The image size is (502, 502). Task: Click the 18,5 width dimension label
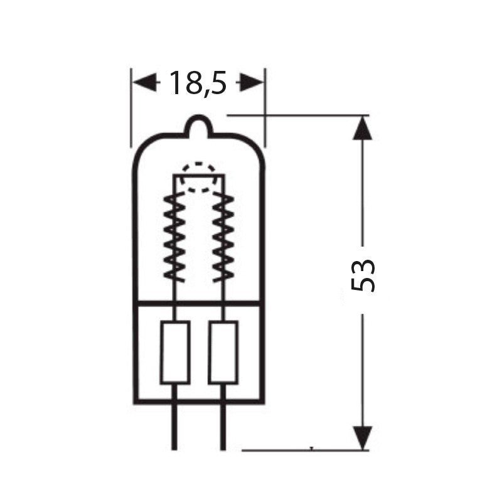197,83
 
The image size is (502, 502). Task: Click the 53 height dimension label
363,274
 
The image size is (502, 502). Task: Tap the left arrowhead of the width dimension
145,82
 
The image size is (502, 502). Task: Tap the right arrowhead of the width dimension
250,82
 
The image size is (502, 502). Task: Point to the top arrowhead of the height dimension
363,129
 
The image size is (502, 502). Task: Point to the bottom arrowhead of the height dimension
363,436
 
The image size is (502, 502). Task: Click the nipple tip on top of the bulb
200,119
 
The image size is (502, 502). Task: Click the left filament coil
174,237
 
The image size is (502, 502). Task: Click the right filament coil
223,237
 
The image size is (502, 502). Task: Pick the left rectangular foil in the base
175,352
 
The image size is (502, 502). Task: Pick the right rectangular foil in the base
223,352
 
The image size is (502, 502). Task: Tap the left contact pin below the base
175,427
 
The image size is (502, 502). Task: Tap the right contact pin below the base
223,427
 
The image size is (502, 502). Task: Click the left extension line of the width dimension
132,107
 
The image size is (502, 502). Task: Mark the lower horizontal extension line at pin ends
301,449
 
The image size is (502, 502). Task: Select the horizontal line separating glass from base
199,304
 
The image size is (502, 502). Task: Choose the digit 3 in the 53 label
363,264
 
